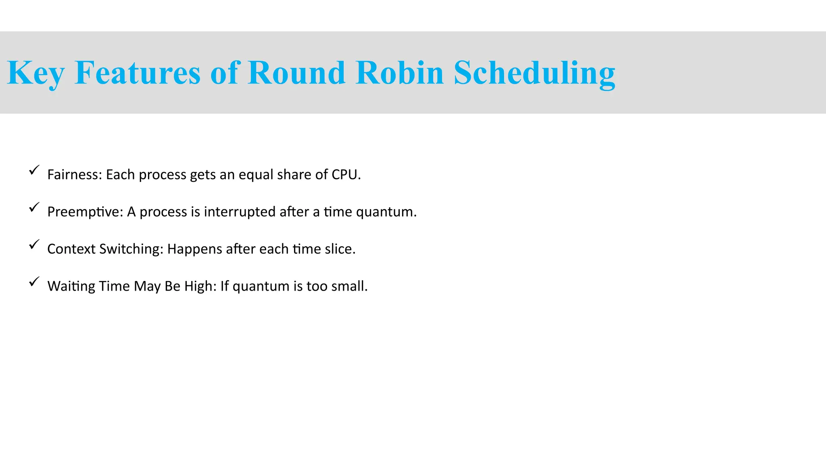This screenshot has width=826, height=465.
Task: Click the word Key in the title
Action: pyautogui.click(x=35, y=73)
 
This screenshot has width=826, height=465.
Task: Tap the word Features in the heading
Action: pyautogui.click(x=138, y=73)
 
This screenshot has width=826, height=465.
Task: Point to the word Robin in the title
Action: pyautogui.click(x=400, y=73)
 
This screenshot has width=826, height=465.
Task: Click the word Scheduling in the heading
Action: pyautogui.click(x=534, y=73)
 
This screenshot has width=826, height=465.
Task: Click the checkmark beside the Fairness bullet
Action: pyautogui.click(x=34, y=170)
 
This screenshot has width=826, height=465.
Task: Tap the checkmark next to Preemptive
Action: pyautogui.click(x=34, y=207)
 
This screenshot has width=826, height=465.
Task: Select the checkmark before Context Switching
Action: pyautogui.click(x=34, y=245)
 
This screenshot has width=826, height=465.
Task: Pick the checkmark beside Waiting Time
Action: pyautogui.click(x=34, y=282)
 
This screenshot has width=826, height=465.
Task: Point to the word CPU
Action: pyautogui.click(x=345, y=175)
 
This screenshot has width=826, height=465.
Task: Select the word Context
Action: pyautogui.click(x=71, y=249)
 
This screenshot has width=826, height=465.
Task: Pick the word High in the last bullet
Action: pyautogui.click(x=200, y=287)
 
